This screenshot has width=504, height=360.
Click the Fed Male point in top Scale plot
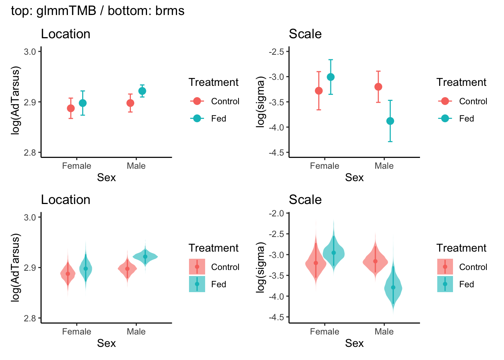pos(390,121)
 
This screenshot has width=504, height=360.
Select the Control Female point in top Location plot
pos(71,108)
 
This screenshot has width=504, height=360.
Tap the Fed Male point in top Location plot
pos(142,91)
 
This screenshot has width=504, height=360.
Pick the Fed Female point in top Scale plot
pos(330,77)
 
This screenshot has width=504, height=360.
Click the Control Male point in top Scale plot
pos(378,87)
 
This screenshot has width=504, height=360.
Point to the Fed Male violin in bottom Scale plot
pos(393,288)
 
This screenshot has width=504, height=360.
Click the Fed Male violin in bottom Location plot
pos(145,257)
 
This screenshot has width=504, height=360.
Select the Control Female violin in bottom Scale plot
pos(316,263)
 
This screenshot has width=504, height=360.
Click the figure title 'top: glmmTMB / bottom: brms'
pos(97,11)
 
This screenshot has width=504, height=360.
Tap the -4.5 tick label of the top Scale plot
pos(276,153)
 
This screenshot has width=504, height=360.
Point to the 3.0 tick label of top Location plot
pos(30,52)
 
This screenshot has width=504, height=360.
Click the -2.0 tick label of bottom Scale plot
pos(276,213)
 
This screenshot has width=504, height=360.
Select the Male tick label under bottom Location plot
pos(136,331)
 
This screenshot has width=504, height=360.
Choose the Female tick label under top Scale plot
pos(324,166)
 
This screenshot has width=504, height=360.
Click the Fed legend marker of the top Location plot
pos(197,118)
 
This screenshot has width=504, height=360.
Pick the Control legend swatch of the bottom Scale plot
pos(445,267)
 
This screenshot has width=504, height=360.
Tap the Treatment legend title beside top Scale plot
pos(461,82)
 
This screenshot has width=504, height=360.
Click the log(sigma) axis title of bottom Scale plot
pos(261,268)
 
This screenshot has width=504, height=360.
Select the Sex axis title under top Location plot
pos(106,177)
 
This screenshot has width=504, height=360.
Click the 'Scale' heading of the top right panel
pos(305,34)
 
